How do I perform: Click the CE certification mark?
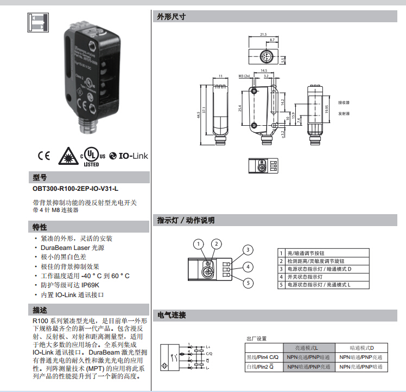tap(44, 156)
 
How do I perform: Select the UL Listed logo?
tap(91, 156)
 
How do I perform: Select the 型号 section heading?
tap(41, 177)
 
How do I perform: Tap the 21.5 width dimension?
tap(264, 35)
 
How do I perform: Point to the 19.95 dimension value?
tap(326, 109)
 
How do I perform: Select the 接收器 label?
tap(344, 102)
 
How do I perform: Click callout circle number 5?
tap(248, 282)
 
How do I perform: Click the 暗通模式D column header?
tap(361, 348)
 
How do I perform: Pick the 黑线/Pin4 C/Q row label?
tap(263, 357)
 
